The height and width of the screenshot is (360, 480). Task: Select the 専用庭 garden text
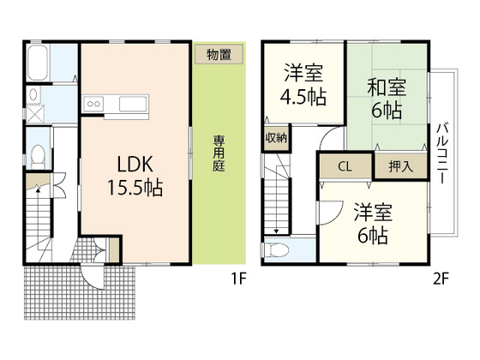click(219, 155)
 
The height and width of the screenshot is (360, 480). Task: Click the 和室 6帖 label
click(387, 98)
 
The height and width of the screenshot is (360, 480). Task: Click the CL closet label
click(343, 166)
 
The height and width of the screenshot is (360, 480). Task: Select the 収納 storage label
click(277, 137)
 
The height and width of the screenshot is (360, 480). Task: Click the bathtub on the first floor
click(37, 64)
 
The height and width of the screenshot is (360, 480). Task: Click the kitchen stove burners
click(93, 105)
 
